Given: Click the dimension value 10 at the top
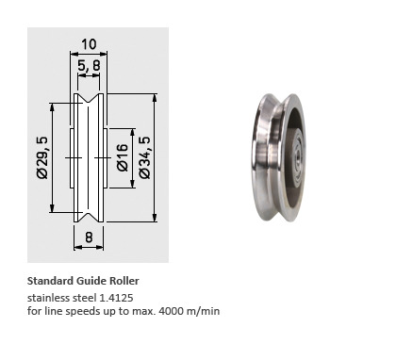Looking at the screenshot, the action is point(89,44).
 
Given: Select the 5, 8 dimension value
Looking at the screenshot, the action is point(89,66).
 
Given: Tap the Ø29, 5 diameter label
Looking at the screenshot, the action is point(42,157).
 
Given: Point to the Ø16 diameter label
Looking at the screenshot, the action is point(123,157).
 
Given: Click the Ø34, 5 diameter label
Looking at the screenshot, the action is point(145,157).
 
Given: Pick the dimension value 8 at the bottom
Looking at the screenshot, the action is point(89,237).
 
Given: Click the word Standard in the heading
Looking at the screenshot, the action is point(50,281).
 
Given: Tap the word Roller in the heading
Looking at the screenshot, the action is point(124,281).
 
